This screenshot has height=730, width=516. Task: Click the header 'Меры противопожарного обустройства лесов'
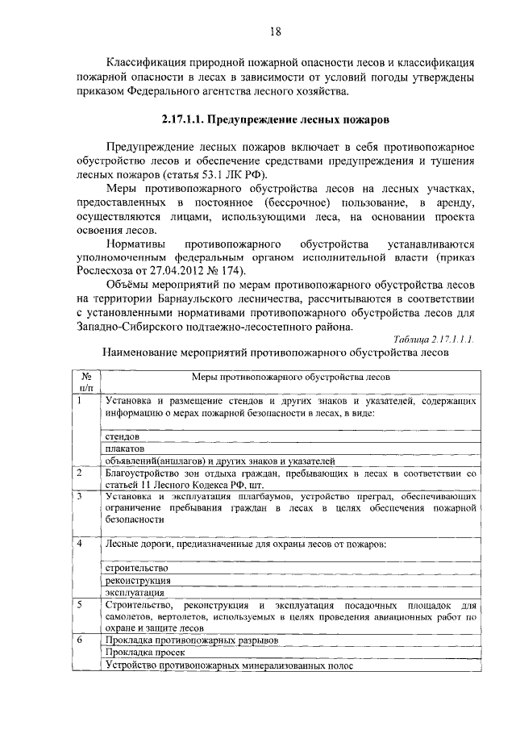(291, 377)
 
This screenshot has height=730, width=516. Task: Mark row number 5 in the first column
(81, 603)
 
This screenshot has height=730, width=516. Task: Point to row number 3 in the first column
(81, 496)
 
